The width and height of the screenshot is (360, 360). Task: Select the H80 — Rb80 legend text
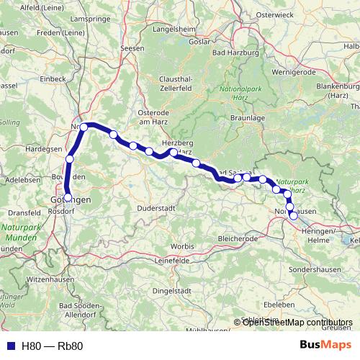pos(52,346)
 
